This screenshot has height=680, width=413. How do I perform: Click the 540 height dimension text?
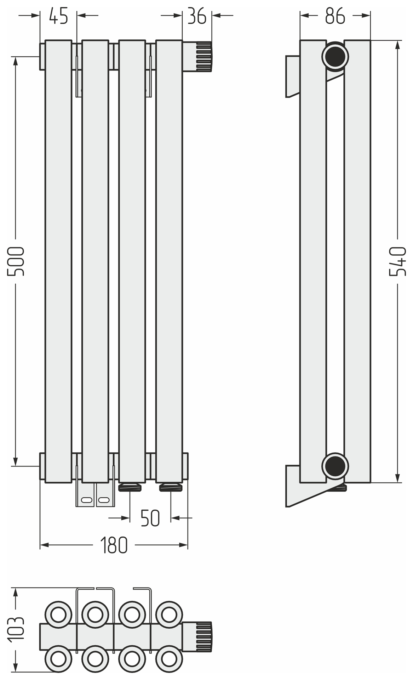coord(398,261)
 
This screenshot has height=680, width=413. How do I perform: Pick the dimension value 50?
coord(150,518)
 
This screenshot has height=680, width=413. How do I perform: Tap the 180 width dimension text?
coord(114,545)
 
